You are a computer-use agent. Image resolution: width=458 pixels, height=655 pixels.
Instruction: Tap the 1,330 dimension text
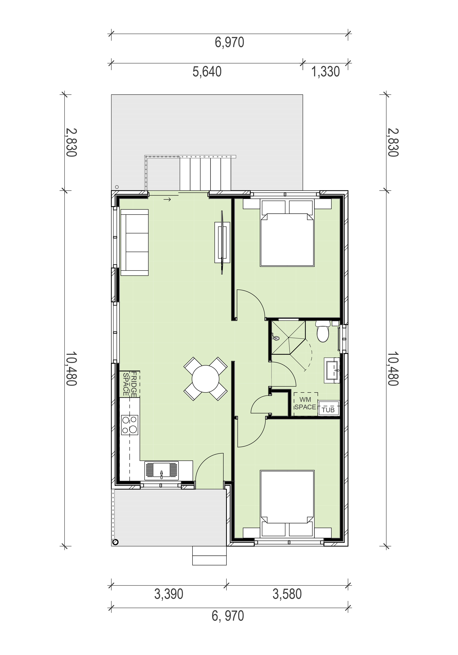pos(326,72)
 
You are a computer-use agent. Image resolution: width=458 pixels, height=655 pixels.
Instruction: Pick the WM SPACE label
pos(305,403)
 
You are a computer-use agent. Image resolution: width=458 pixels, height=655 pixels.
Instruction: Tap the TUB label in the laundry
pos(328,410)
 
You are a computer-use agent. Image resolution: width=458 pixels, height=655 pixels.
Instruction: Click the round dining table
pos(205,379)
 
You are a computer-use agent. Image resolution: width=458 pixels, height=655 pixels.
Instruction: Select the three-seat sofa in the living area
pos(135,243)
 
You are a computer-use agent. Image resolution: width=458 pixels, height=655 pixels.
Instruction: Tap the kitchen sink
pos(161,470)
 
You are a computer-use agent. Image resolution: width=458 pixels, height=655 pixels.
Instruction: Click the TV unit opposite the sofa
pos(222,243)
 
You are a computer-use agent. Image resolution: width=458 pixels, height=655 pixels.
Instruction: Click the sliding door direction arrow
pos(167,199)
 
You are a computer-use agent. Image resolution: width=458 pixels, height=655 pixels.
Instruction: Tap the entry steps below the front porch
pos(209,555)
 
